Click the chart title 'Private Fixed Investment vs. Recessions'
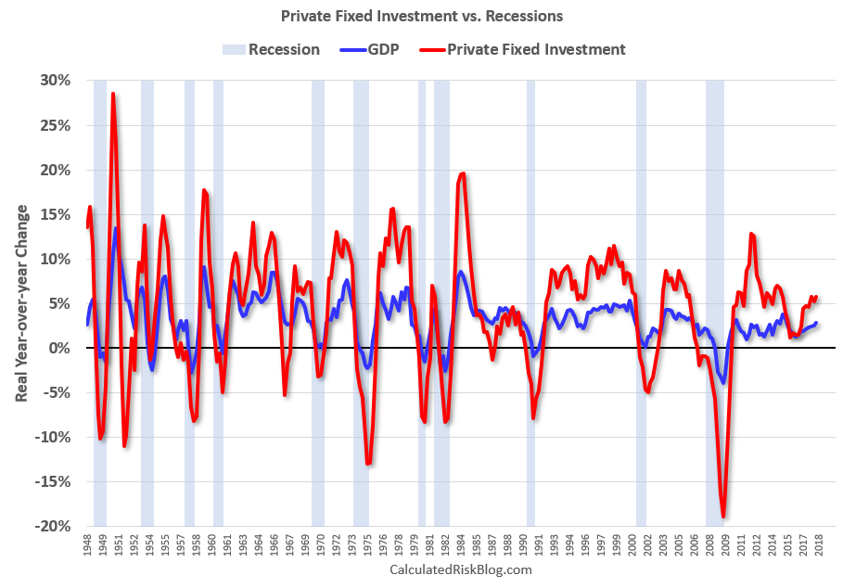(x=422, y=16)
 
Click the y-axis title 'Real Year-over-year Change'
(x=20, y=303)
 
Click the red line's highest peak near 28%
(x=113, y=94)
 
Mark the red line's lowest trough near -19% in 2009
(x=722, y=517)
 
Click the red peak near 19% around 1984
(x=462, y=174)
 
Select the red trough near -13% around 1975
(x=368, y=463)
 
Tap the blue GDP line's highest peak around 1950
(x=116, y=228)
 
